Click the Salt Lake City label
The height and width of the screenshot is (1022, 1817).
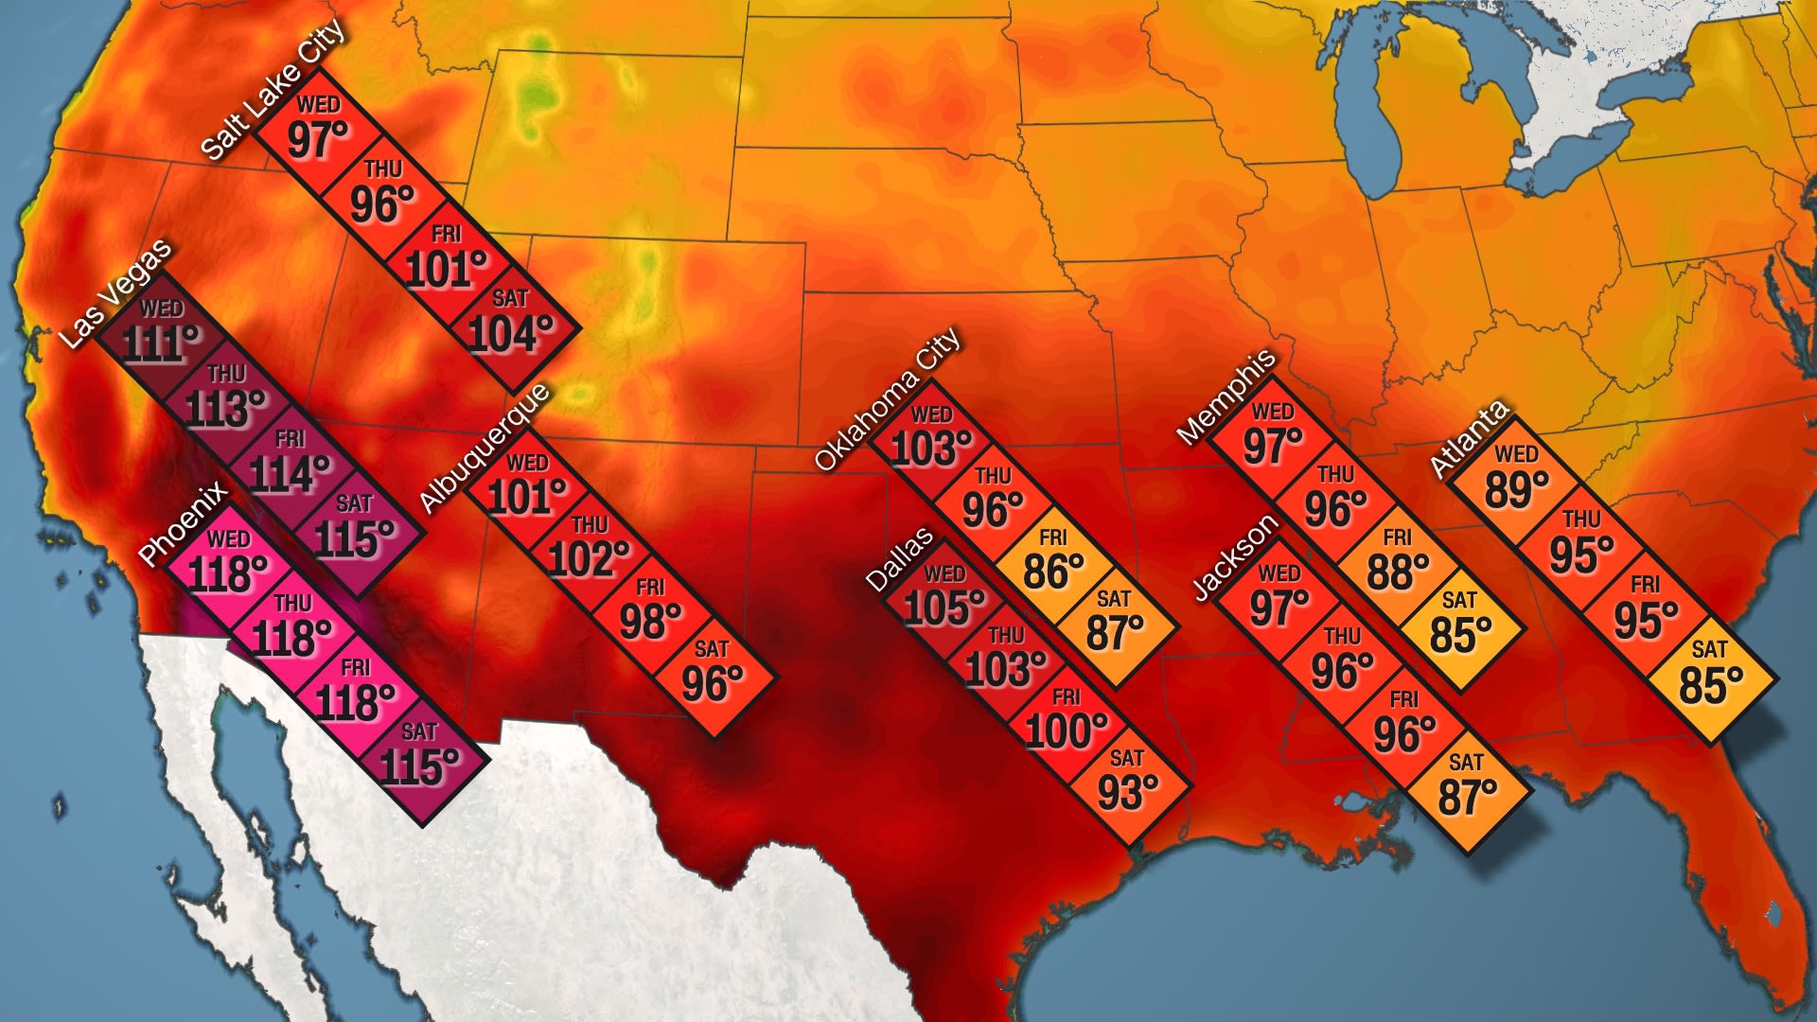coord(274,90)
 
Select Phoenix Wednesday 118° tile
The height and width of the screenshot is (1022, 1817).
coord(227,564)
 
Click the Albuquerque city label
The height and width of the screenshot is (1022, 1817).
coord(483,448)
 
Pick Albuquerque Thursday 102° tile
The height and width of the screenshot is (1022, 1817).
coord(589,549)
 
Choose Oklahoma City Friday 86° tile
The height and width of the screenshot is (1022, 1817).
coord(1052,563)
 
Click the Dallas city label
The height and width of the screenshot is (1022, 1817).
coord(900,560)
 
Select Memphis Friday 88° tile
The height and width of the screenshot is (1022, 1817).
coord(1398,563)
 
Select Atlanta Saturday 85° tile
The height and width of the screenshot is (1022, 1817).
coord(1710,675)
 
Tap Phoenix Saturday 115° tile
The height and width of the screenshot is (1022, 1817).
coord(418,757)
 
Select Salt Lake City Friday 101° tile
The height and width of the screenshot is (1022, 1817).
coord(446,260)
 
